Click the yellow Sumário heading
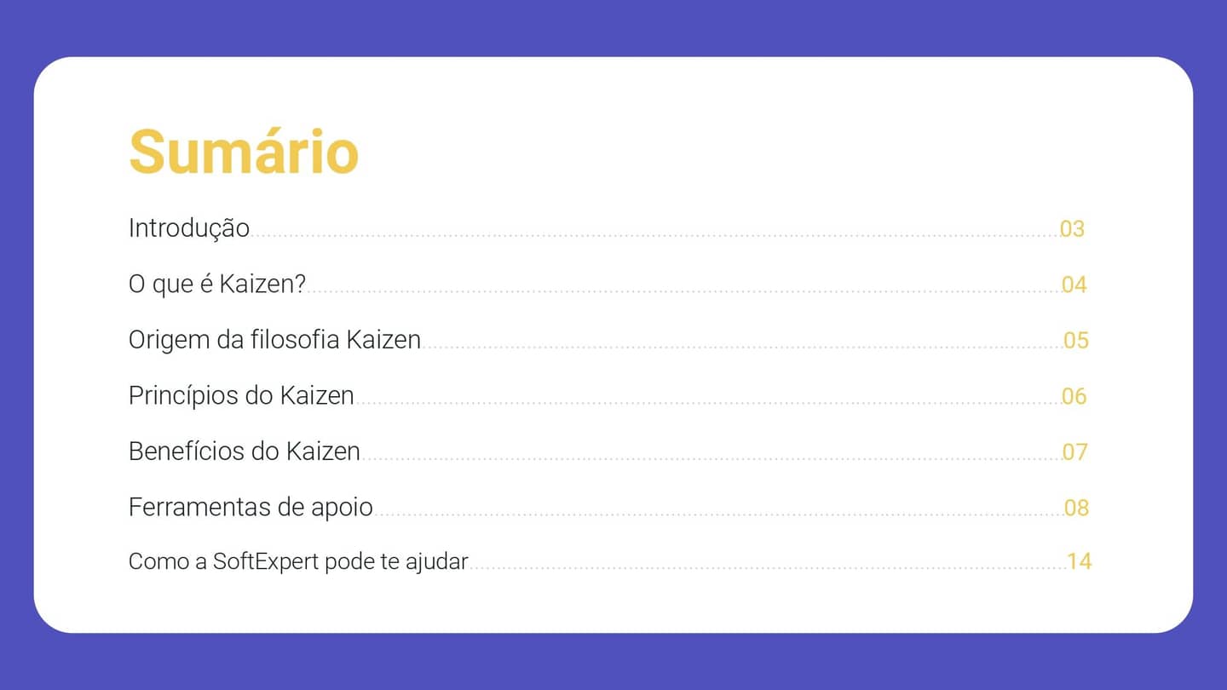click(244, 152)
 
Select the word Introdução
click(188, 228)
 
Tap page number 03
click(1072, 229)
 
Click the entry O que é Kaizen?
click(216, 285)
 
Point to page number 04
click(1074, 285)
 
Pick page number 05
click(1076, 341)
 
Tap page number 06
click(1074, 397)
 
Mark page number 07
click(1074, 452)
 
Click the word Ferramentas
click(188, 508)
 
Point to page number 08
click(1076, 509)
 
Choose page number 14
click(1079, 562)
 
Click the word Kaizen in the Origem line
click(383, 340)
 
